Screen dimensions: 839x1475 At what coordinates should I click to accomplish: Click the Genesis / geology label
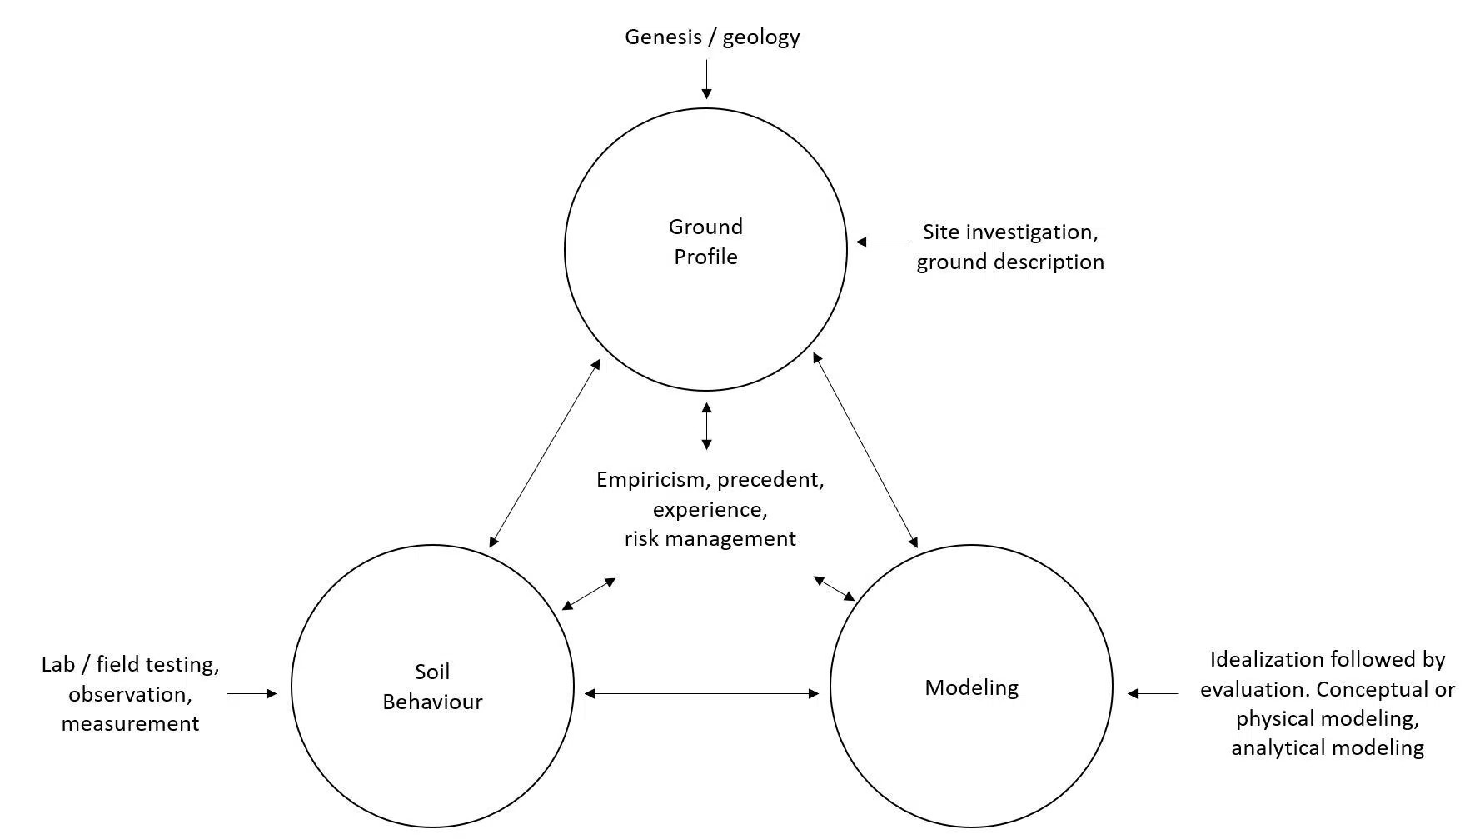[x=712, y=37]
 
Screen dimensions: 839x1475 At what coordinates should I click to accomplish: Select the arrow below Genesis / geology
[x=706, y=80]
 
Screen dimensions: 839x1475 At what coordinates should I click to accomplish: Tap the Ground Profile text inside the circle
[x=705, y=242]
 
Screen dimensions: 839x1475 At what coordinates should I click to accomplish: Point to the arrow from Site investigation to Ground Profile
[x=881, y=242]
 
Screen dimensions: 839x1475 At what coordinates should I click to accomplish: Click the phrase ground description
[x=1010, y=262]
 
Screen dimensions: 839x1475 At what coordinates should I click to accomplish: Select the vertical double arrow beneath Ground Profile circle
[x=706, y=426]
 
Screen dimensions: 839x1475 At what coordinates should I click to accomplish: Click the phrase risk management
[x=710, y=539]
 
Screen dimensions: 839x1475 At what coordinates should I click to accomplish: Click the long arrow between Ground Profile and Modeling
[x=865, y=450]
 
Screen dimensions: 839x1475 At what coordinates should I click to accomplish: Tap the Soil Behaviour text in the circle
[x=432, y=687]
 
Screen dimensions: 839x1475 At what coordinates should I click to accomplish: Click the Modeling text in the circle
[x=971, y=687]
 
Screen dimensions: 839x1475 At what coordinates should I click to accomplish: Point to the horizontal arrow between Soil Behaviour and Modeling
[x=701, y=692]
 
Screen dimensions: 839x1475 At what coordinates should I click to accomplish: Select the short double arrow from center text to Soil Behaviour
[x=589, y=594]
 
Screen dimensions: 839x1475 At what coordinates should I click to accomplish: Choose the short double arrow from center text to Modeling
[x=834, y=588]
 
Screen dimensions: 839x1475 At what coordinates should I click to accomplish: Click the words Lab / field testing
[x=130, y=665]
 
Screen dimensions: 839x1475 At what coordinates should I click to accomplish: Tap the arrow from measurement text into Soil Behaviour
[x=252, y=692]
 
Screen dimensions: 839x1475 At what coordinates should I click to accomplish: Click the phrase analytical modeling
[x=1327, y=747]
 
